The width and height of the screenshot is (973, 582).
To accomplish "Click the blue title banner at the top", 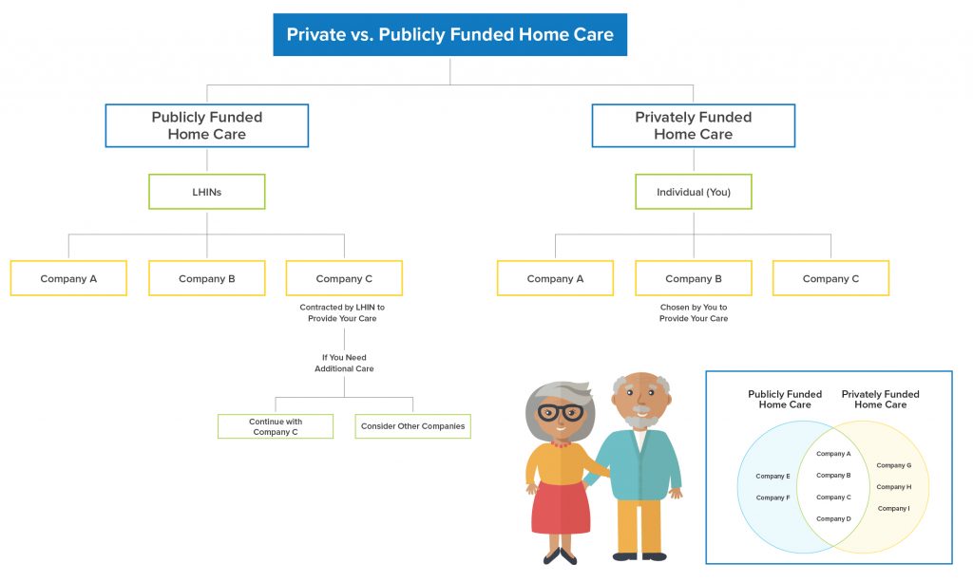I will (450, 35).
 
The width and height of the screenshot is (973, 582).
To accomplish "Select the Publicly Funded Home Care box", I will (206, 125).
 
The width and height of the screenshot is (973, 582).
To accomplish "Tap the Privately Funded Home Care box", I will (693, 125).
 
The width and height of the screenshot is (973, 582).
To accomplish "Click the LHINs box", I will (206, 192).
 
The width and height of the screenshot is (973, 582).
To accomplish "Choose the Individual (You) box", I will (693, 192).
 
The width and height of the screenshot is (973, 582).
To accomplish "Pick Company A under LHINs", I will (68, 278).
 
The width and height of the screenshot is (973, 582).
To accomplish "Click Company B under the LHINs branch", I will (206, 278).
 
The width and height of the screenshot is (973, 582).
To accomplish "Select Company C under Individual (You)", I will (830, 278).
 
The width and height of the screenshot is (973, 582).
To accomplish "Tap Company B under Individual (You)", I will (693, 278).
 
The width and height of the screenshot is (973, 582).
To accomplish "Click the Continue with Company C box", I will (275, 426).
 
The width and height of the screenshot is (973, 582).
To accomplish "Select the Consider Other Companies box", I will (412, 426).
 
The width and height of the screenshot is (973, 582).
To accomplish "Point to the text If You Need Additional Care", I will (344, 363).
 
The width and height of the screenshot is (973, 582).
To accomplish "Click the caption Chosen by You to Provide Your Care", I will (693, 313).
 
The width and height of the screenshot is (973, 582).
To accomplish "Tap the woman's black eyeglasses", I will (561, 412).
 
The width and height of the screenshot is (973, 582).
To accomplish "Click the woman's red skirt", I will (560, 507).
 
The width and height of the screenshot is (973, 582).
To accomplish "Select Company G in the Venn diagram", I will (893, 465).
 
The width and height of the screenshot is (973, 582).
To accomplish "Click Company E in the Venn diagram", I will (773, 476).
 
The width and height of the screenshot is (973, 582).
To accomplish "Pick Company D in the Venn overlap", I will (832, 518).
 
